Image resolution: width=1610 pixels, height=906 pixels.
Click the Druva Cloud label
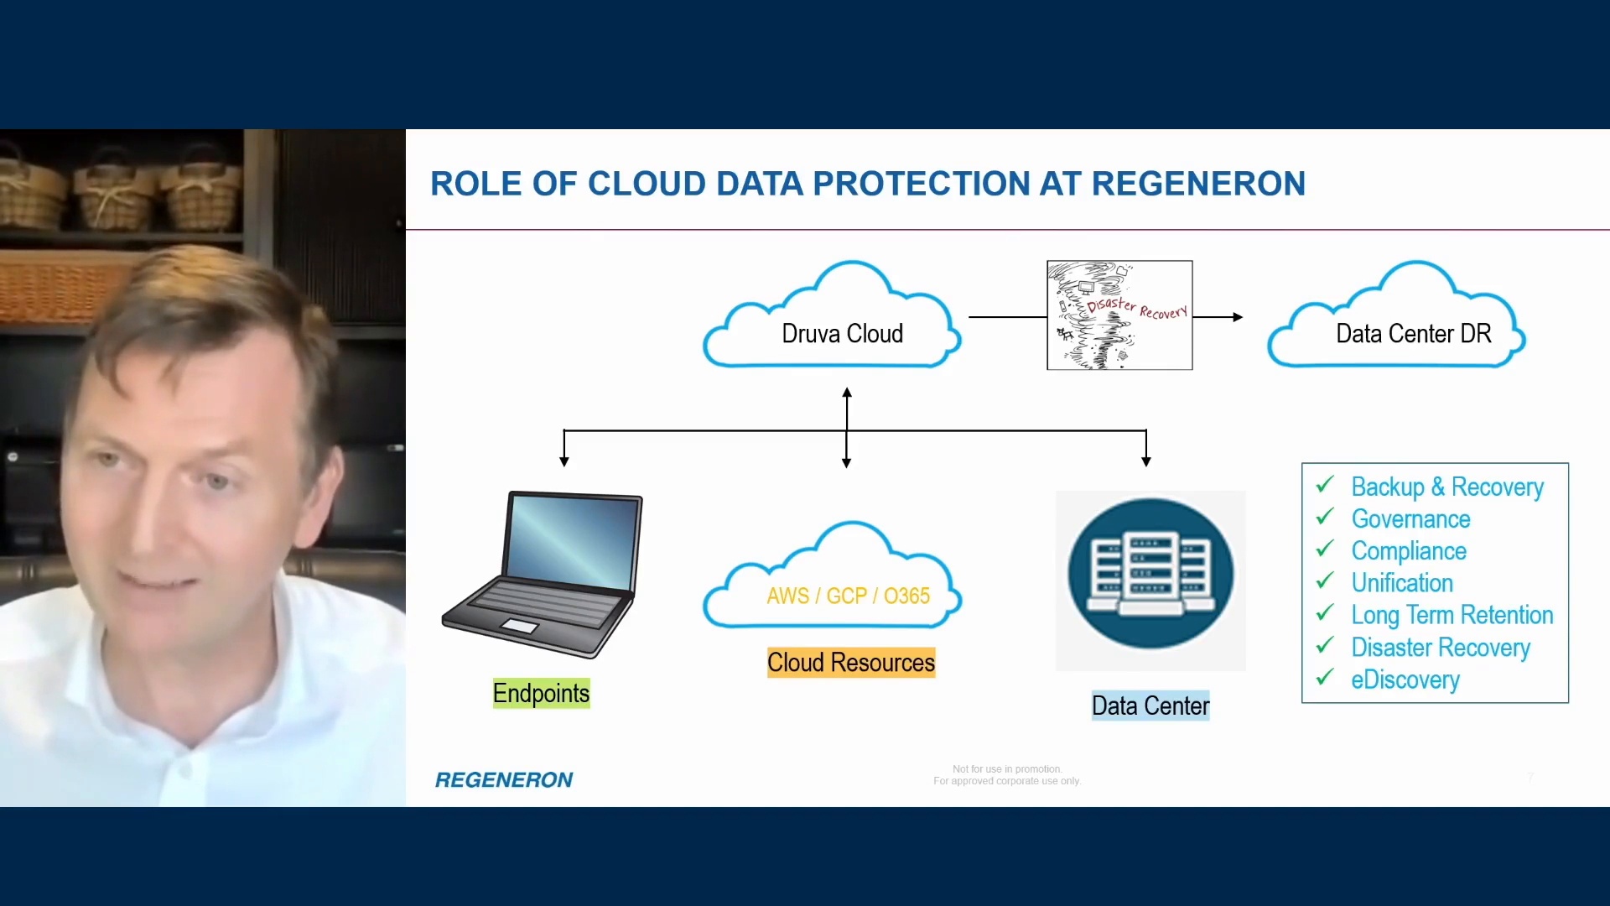coord(842,334)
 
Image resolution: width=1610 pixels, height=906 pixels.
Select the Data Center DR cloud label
coord(1413,334)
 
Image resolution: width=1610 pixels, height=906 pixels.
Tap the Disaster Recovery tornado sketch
coord(1119,315)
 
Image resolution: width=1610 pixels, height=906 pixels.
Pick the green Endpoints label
coord(541,694)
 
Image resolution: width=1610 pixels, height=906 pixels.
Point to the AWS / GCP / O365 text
coord(848,596)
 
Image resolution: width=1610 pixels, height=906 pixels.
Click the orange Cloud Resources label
coord(850,663)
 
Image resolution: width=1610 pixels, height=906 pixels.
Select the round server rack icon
coord(1150,574)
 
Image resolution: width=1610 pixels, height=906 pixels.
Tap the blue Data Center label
coord(1150,706)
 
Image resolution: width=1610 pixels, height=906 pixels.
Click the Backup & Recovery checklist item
coord(1446,487)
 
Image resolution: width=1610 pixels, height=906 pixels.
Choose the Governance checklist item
coord(1410,519)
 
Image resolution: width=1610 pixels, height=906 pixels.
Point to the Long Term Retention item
coord(1452,615)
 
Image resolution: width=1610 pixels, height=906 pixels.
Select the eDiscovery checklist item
coord(1405,679)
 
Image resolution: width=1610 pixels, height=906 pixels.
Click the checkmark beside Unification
coord(1325,581)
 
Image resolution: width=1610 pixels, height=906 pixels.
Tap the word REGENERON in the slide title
coord(1198,184)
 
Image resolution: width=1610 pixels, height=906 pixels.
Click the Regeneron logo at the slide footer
coord(504,780)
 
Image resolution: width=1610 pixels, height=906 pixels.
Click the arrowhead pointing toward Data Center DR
coord(1237,317)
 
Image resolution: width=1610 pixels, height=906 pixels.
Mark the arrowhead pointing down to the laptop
coord(564,461)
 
